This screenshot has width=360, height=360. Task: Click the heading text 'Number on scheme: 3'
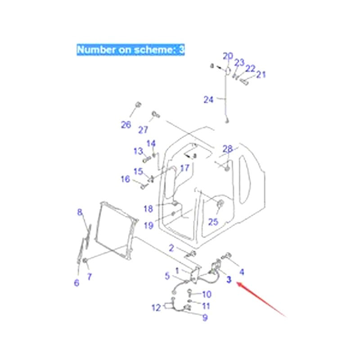(x=130, y=49)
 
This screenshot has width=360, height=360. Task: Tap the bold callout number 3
(x=229, y=280)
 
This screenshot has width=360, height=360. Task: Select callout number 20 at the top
(x=228, y=56)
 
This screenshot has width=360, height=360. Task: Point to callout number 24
(x=208, y=99)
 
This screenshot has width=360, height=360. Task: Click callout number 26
(x=126, y=125)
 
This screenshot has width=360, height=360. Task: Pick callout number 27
(x=143, y=130)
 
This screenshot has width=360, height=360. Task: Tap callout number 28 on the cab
(x=228, y=149)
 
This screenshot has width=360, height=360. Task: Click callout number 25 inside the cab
(x=213, y=221)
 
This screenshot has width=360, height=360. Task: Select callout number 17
(x=184, y=169)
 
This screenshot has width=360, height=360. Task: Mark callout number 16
(x=125, y=180)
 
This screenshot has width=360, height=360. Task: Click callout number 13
(x=138, y=151)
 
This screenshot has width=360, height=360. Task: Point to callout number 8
(x=80, y=212)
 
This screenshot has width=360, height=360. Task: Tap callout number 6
(x=76, y=283)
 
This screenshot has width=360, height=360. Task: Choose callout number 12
(x=156, y=308)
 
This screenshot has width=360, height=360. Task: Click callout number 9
(x=205, y=318)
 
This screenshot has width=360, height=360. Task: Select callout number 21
(x=261, y=75)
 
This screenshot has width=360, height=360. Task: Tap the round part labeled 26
(x=138, y=105)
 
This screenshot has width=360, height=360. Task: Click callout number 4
(x=242, y=272)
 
